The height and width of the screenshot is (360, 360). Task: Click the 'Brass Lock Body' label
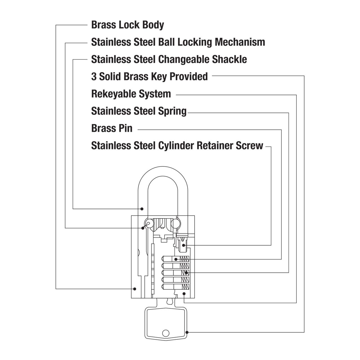click(128, 25)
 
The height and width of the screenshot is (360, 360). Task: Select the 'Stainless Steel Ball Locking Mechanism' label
click(178, 42)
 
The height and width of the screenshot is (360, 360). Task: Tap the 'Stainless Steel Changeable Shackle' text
click(169, 59)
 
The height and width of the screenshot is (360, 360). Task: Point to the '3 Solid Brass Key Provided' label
click(149, 76)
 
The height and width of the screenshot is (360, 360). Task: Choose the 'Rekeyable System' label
click(131, 94)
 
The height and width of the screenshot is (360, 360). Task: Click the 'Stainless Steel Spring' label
click(139, 111)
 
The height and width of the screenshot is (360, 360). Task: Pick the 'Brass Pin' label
click(112, 128)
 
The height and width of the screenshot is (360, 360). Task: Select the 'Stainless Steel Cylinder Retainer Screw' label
click(177, 145)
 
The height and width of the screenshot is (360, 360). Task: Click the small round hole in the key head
click(166, 333)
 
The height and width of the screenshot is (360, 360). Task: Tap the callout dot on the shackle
click(142, 209)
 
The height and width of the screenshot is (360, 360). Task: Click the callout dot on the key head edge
click(187, 332)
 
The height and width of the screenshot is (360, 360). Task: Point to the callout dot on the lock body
click(134, 289)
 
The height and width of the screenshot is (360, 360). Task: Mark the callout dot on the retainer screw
click(184, 245)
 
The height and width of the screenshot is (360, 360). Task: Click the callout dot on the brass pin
click(176, 259)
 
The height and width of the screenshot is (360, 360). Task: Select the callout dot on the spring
click(186, 273)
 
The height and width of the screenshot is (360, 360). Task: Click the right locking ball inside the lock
click(175, 223)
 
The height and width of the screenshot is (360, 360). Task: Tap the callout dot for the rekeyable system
click(184, 294)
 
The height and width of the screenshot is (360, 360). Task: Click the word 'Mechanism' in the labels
click(240, 42)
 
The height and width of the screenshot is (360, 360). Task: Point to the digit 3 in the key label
click(94, 76)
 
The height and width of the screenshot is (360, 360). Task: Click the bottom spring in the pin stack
click(185, 287)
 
